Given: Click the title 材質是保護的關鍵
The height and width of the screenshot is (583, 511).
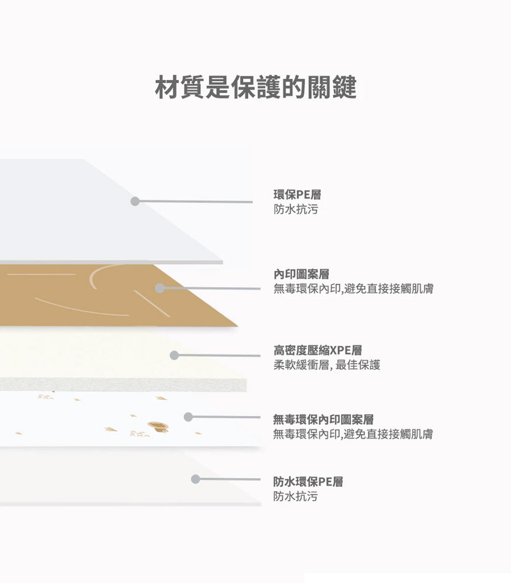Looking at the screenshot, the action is click(255, 87).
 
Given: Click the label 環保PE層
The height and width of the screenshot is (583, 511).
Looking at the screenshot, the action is click(297, 195).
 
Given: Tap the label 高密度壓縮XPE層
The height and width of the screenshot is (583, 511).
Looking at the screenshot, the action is click(317, 351).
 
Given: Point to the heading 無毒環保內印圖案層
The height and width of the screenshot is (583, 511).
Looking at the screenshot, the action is click(323, 420).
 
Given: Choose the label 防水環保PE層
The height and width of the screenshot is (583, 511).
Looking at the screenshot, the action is click(308, 481).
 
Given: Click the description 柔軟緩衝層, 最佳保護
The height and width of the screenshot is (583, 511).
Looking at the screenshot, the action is click(327, 365).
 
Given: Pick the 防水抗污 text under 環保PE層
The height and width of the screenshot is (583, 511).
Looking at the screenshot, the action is click(295, 209).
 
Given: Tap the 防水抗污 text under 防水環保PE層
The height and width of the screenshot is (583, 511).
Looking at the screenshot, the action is click(295, 496).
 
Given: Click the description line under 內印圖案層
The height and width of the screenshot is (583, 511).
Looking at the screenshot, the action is click(353, 289).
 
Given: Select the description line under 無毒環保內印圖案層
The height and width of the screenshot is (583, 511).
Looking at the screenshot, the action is click(353, 435).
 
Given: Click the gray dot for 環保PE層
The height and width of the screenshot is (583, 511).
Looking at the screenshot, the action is click(135, 201).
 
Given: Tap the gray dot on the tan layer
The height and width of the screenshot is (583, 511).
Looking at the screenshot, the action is click(159, 288).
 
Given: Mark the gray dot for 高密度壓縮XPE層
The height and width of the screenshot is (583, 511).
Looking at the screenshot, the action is click(174, 355).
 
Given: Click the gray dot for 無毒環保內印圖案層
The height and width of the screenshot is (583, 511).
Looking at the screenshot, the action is click(188, 417).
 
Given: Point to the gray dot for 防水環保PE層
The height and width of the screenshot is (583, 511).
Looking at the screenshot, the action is click(195, 479).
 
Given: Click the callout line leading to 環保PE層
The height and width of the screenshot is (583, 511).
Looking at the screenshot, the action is click(194, 202).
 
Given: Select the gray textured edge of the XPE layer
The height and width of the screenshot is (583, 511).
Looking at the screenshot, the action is click(123, 385).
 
